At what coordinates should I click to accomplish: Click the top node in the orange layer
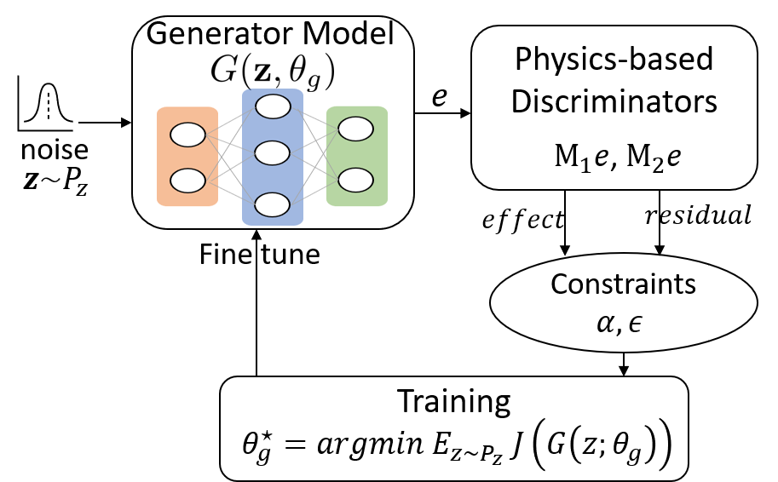pyautogui.click(x=187, y=135)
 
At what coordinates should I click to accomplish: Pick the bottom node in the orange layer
pyautogui.click(x=187, y=181)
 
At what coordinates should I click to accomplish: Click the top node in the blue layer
pyautogui.click(x=273, y=107)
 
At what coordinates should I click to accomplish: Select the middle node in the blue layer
pyautogui.click(x=273, y=155)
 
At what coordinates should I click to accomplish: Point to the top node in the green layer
pyautogui.click(x=355, y=129)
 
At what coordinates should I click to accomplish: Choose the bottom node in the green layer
pyautogui.click(x=355, y=180)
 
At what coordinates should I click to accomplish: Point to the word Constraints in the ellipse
pyautogui.click(x=624, y=284)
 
